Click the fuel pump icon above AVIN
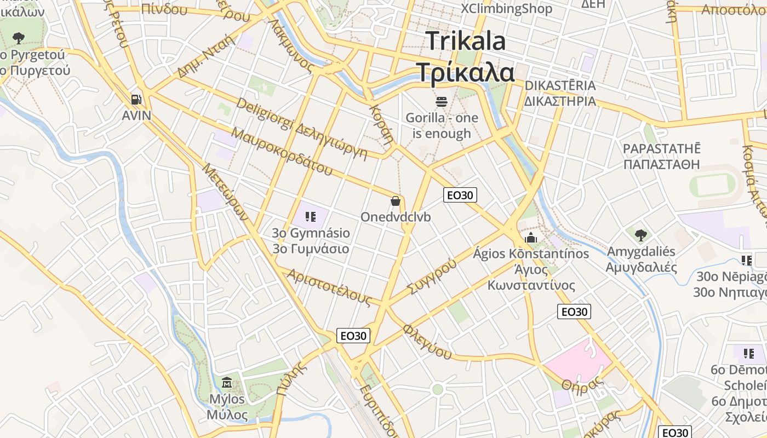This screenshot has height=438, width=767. click(136, 99)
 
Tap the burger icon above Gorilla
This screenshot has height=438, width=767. click(442, 101)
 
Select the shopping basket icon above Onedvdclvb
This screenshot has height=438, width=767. click(396, 201)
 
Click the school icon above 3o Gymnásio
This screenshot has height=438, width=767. click(311, 217)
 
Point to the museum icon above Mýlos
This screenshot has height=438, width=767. click(227, 382)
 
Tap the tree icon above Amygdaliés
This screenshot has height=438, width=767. click(640, 235)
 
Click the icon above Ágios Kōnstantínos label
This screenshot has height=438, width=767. click(530, 238)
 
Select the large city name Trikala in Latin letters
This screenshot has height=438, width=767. click(466, 41)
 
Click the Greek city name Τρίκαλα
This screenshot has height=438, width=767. click(466, 72)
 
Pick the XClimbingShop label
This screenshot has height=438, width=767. click(506, 8)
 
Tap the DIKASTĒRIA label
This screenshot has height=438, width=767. click(560, 85)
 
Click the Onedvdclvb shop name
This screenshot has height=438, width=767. click(396, 217)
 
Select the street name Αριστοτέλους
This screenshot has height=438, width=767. click(329, 287)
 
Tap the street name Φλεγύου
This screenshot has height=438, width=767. click(427, 342)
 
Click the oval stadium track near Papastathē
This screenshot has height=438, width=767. click(712, 185)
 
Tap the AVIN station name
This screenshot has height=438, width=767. click(136, 116)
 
